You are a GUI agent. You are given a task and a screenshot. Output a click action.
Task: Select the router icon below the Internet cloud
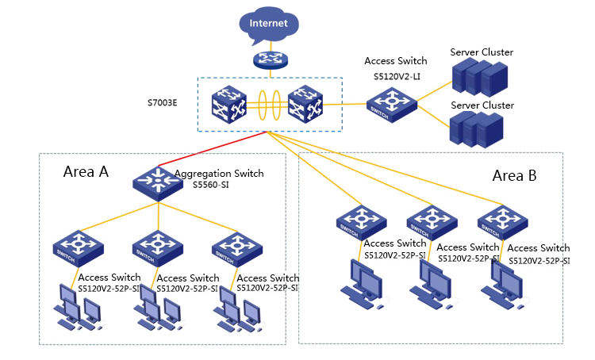tap(271, 60)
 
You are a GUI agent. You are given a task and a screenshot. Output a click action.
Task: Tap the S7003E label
tap(163, 103)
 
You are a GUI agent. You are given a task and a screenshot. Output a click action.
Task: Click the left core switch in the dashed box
tap(228, 105)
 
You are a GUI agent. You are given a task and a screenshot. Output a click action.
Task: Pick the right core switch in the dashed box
tap(305, 104)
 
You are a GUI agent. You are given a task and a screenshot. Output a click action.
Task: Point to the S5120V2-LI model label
tap(397, 77)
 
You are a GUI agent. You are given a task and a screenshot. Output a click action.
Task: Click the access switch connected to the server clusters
tap(392, 105)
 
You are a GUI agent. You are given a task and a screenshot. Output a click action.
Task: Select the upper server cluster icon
tap(480, 77)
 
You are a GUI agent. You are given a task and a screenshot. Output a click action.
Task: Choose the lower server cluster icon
tap(476, 129)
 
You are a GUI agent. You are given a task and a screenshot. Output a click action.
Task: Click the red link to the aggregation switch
tap(213, 149)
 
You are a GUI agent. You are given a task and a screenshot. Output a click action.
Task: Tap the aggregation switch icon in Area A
tap(158, 184)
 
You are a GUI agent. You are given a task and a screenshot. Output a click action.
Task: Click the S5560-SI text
tap(211, 185)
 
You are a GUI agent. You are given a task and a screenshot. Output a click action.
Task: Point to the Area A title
tap(86, 172)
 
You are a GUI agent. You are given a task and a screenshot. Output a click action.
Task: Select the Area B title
tap(515, 175)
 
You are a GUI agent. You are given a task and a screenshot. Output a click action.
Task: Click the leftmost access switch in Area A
tap(79, 248)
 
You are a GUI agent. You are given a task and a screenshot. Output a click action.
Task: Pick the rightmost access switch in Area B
tap(502, 222)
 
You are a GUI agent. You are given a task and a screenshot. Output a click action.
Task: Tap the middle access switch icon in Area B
tap(432, 223)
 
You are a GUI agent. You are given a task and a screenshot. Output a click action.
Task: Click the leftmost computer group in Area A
tap(79, 308)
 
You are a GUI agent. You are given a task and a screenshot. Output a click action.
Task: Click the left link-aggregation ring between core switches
tap(263, 105)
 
